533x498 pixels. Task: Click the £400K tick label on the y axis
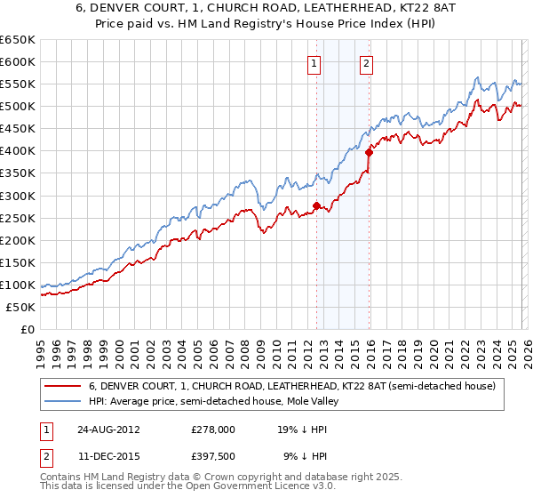coord(18,151)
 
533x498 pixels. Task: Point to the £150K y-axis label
coord(18,262)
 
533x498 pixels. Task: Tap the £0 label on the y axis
coord(27,329)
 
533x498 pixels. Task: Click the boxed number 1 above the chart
coord(315,63)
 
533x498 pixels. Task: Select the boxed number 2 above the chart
coord(366,63)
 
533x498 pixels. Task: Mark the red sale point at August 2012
coord(316,205)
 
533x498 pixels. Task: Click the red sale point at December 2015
coord(369,152)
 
